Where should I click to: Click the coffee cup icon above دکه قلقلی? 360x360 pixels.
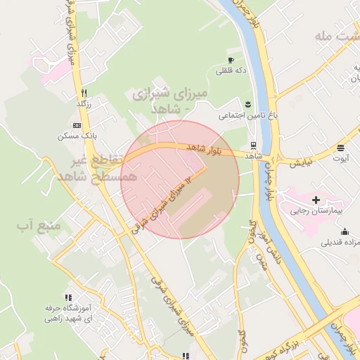[231, 60]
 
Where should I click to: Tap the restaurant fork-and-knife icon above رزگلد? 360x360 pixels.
[84, 93]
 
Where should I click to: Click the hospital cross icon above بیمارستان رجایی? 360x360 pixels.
[316, 200]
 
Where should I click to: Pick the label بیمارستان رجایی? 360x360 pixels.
[317, 211]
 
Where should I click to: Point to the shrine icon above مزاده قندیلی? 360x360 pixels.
[345, 232]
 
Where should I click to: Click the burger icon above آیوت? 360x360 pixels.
[341, 148]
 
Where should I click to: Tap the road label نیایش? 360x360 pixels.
[299, 164]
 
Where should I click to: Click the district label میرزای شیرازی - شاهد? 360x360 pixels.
[161, 101]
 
